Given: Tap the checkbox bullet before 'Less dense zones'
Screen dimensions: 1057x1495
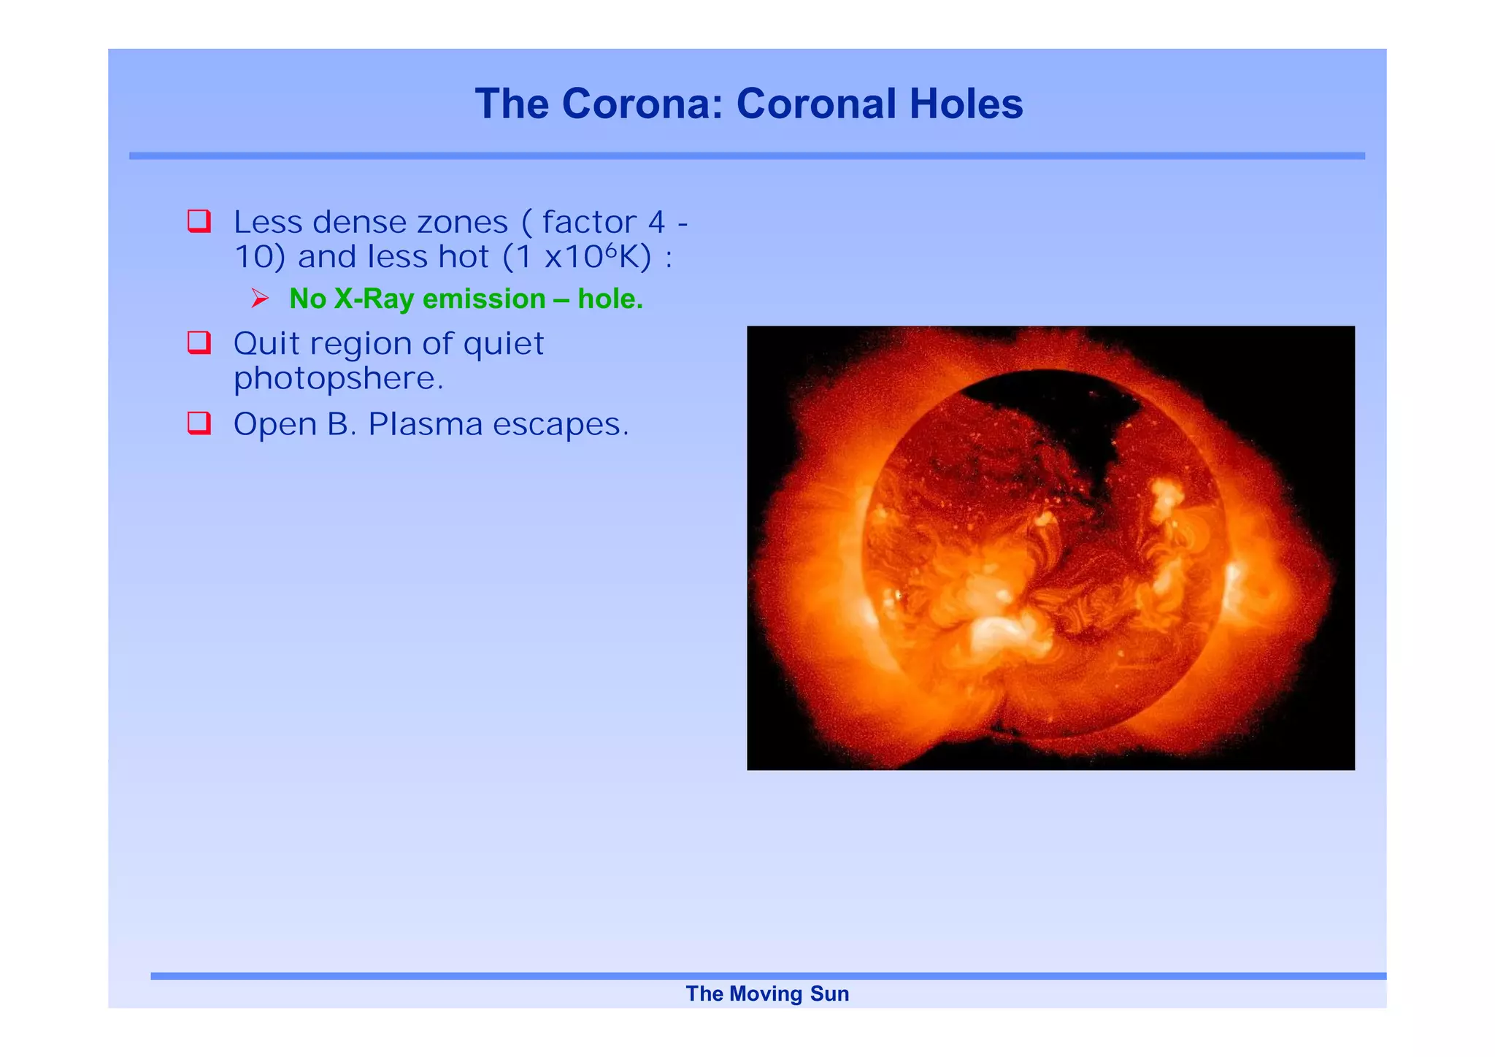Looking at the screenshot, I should [199, 220].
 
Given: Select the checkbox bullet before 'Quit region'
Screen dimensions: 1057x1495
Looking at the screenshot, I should [199, 342].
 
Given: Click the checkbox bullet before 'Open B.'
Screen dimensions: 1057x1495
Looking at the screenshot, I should [199, 423].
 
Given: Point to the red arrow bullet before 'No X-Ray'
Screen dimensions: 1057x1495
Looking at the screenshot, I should [260, 298].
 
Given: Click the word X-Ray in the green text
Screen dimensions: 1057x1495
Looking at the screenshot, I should [374, 299].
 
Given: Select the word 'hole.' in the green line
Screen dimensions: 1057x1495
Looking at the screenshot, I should [610, 299].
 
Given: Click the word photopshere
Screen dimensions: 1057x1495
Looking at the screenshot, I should [338, 378].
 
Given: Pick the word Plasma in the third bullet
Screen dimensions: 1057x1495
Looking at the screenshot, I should [425, 424].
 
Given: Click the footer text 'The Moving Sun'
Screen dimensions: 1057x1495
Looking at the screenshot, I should [767, 993].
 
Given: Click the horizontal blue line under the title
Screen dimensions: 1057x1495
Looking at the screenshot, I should [747, 155].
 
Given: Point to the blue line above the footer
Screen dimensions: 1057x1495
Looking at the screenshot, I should [767, 976].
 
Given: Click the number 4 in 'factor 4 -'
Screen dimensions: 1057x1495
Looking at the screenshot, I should [656, 222].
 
